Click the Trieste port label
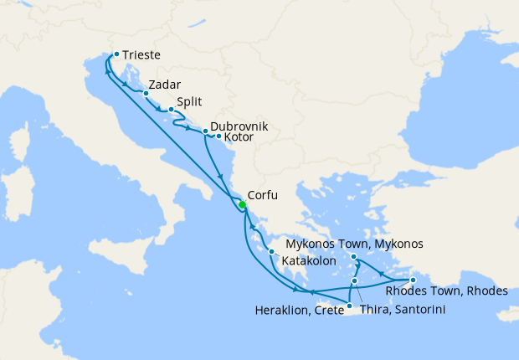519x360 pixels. click(141, 56)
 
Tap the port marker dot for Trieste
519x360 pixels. click(116, 54)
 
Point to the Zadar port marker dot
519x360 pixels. click(145, 93)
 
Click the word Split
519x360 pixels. click(188, 101)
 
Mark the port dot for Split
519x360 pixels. click(171, 110)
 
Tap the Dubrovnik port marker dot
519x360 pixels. click(205, 131)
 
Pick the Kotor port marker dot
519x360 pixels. click(218, 136)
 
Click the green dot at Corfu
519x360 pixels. click(241, 205)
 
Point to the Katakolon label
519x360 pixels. click(309, 261)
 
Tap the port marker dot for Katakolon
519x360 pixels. click(271, 251)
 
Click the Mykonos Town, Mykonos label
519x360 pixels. click(354, 244)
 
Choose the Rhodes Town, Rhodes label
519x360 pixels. click(446, 291)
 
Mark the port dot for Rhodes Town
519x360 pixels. click(413, 280)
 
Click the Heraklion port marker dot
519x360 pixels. click(348, 306)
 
